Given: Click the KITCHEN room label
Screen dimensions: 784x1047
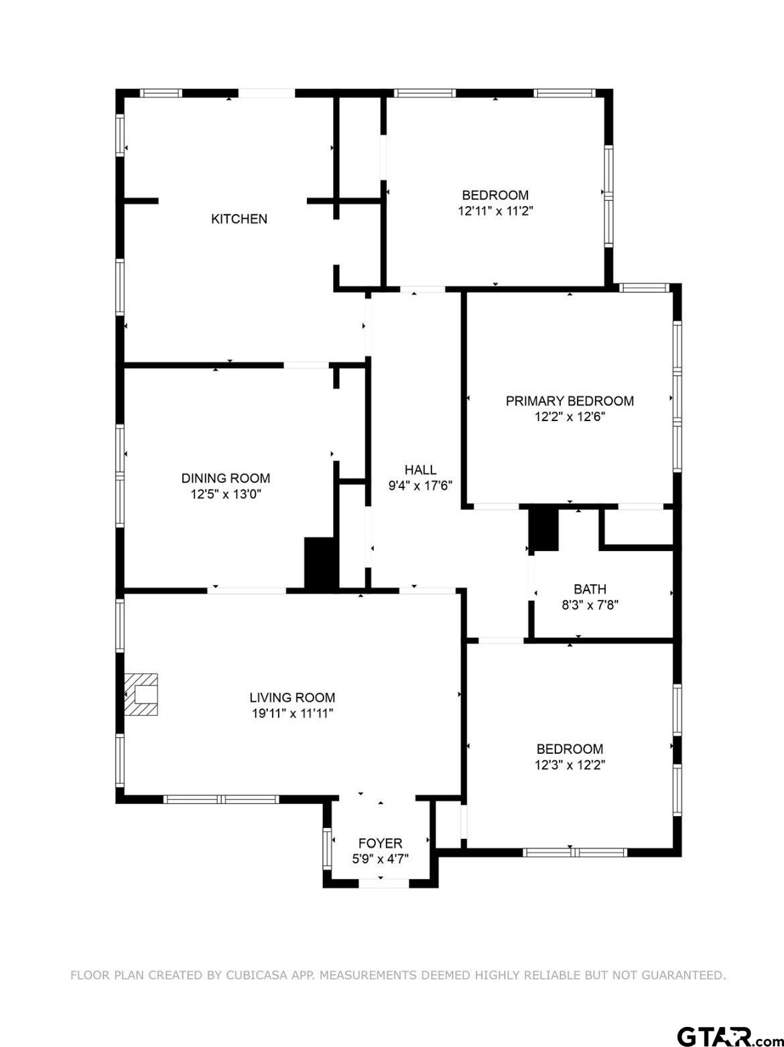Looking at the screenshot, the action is point(239,219).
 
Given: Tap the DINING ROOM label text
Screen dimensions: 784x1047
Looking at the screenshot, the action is point(226,478).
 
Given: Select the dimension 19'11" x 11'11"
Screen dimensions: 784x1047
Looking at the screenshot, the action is point(292,714).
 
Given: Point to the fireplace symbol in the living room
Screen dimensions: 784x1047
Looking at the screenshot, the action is point(141,694).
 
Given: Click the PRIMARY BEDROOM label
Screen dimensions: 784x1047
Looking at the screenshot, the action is point(570,401).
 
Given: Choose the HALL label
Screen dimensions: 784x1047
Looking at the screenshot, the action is point(421,470).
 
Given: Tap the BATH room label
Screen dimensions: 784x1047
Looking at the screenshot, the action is point(590,589).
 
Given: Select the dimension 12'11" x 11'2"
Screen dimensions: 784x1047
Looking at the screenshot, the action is point(496,211).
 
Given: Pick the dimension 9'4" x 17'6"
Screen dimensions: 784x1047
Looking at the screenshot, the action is point(421,486).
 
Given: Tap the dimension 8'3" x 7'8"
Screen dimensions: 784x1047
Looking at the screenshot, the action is point(590,605).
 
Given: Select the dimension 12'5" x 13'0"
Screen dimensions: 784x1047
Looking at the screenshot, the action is point(226,494).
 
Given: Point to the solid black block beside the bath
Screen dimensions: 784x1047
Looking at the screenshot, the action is point(543,530).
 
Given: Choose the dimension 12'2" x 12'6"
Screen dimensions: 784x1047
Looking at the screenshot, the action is point(570,417).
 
